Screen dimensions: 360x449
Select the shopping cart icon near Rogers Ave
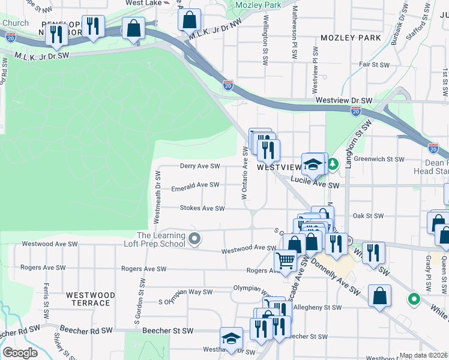tap(285, 260)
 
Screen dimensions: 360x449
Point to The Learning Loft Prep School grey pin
tap(194, 239)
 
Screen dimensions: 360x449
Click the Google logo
tap(20, 353)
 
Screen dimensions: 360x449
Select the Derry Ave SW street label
tap(200, 166)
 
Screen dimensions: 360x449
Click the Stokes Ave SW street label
tap(202, 208)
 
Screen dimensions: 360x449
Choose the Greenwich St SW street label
tap(379, 159)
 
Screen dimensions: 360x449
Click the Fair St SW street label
tap(372, 64)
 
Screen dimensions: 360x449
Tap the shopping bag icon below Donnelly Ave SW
tap(380, 296)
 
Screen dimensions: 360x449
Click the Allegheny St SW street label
tap(317, 307)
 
